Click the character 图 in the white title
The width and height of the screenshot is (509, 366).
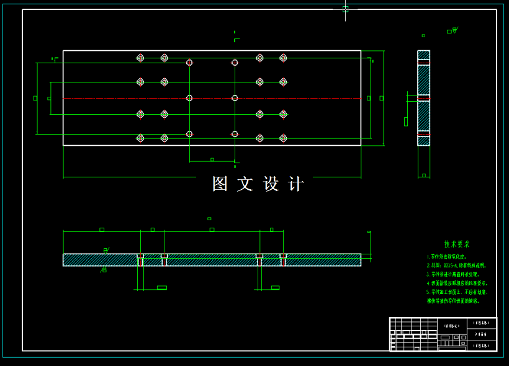(220, 184)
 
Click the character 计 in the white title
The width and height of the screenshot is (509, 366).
(297, 184)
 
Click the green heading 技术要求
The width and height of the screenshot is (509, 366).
(457, 244)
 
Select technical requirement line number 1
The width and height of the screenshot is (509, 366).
(446, 256)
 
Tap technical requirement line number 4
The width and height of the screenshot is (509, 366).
(457, 283)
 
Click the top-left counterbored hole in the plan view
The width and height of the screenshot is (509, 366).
(140, 58)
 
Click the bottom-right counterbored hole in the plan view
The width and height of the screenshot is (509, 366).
(283, 138)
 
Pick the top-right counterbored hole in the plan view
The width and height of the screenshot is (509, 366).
(283, 58)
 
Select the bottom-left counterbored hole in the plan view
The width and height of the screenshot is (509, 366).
(140, 138)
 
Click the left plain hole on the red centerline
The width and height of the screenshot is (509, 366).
(189, 98)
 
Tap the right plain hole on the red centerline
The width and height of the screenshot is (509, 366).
(235, 98)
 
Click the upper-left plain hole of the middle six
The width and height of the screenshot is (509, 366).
(189, 63)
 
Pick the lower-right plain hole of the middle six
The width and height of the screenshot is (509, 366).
(235, 134)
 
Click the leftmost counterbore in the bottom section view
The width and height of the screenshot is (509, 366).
(140, 259)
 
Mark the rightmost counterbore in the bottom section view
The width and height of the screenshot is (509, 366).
(283, 259)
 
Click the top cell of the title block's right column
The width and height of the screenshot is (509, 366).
(482, 323)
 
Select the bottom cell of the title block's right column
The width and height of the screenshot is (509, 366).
(482, 346)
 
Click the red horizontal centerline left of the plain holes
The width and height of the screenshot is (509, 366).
(124, 98)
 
